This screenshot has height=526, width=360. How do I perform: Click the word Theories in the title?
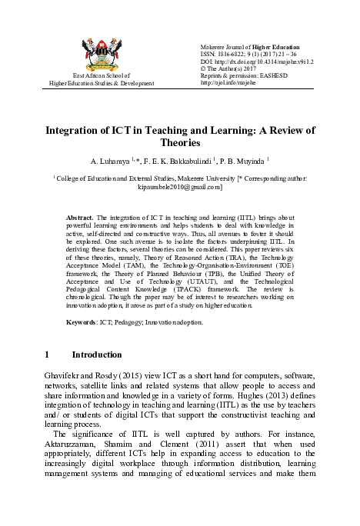[x=180, y=142]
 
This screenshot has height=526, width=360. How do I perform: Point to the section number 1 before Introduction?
[x=48, y=355]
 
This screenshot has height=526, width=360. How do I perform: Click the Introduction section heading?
[x=96, y=355]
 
